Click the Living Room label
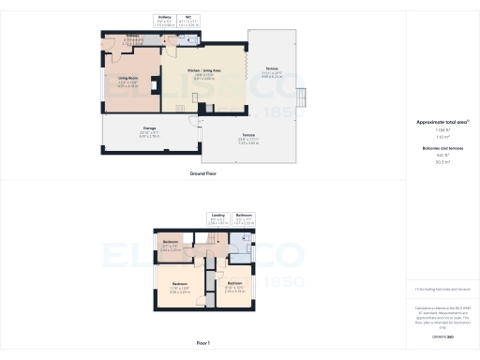pyautogui.click(x=127, y=79)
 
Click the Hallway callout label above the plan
pyautogui.click(x=165, y=17)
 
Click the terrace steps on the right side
pyautogui.click(x=302, y=97)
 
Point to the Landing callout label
pyautogui.click(x=217, y=215)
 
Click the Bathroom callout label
pyautogui.click(x=243, y=215)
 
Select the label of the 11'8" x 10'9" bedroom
pyautogui.click(x=179, y=285)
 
